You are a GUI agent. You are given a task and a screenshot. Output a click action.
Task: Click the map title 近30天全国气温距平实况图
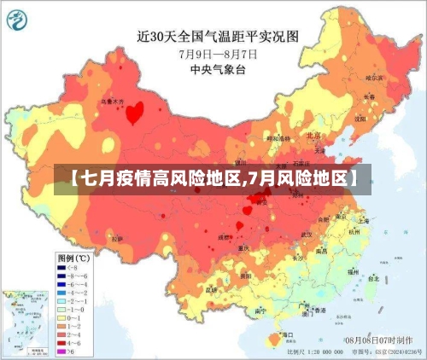click(219, 36)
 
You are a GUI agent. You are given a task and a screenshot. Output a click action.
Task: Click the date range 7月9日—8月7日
click(218, 53)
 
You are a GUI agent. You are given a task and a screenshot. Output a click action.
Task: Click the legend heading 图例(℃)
click(73, 257)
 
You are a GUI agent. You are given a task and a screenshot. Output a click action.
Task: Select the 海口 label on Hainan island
click(288, 335)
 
